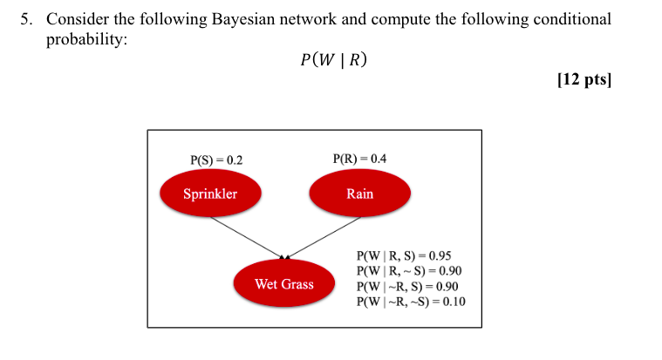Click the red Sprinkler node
(x=210, y=194)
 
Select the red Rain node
(x=359, y=194)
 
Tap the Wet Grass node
(x=283, y=284)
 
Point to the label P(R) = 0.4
(x=359, y=159)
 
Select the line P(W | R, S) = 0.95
(x=404, y=256)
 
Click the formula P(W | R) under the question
(x=332, y=60)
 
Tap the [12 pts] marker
(x=584, y=79)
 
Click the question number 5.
(x=27, y=19)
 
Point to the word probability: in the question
(x=86, y=40)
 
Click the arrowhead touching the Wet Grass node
(x=283, y=257)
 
